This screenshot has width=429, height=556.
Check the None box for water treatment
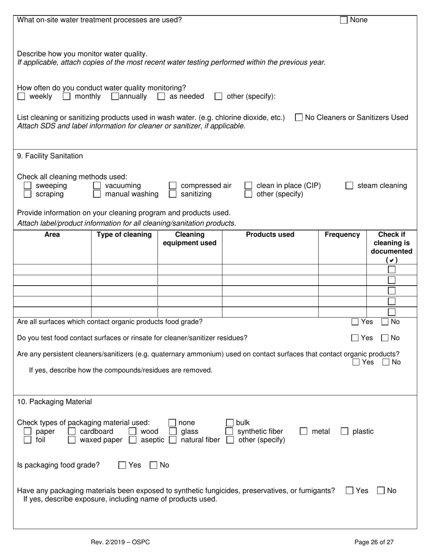click(x=344, y=20)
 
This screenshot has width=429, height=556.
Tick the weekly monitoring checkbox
click(x=21, y=96)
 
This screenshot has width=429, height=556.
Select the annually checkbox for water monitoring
click(x=115, y=96)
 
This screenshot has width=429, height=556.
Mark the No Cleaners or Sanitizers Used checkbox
click(x=298, y=118)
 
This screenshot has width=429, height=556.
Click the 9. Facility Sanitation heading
click(x=50, y=156)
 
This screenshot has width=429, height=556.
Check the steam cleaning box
click(x=349, y=186)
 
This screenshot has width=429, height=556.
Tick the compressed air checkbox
click(x=173, y=186)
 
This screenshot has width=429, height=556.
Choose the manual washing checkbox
click(x=97, y=194)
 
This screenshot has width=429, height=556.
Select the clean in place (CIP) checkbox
click(x=248, y=186)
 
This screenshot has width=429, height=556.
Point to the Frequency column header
click(x=342, y=235)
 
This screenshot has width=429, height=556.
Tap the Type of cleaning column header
click(x=124, y=235)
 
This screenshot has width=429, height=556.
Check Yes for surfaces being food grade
click(x=355, y=322)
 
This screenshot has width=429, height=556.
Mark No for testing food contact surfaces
click(x=385, y=338)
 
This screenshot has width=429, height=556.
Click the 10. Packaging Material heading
click(x=54, y=402)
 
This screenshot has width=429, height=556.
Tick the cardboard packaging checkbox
click(x=71, y=432)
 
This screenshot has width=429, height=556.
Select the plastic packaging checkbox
click(x=345, y=432)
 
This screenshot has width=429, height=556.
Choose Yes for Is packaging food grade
click(x=122, y=465)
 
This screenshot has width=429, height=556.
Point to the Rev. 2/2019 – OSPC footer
click(x=120, y=542)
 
